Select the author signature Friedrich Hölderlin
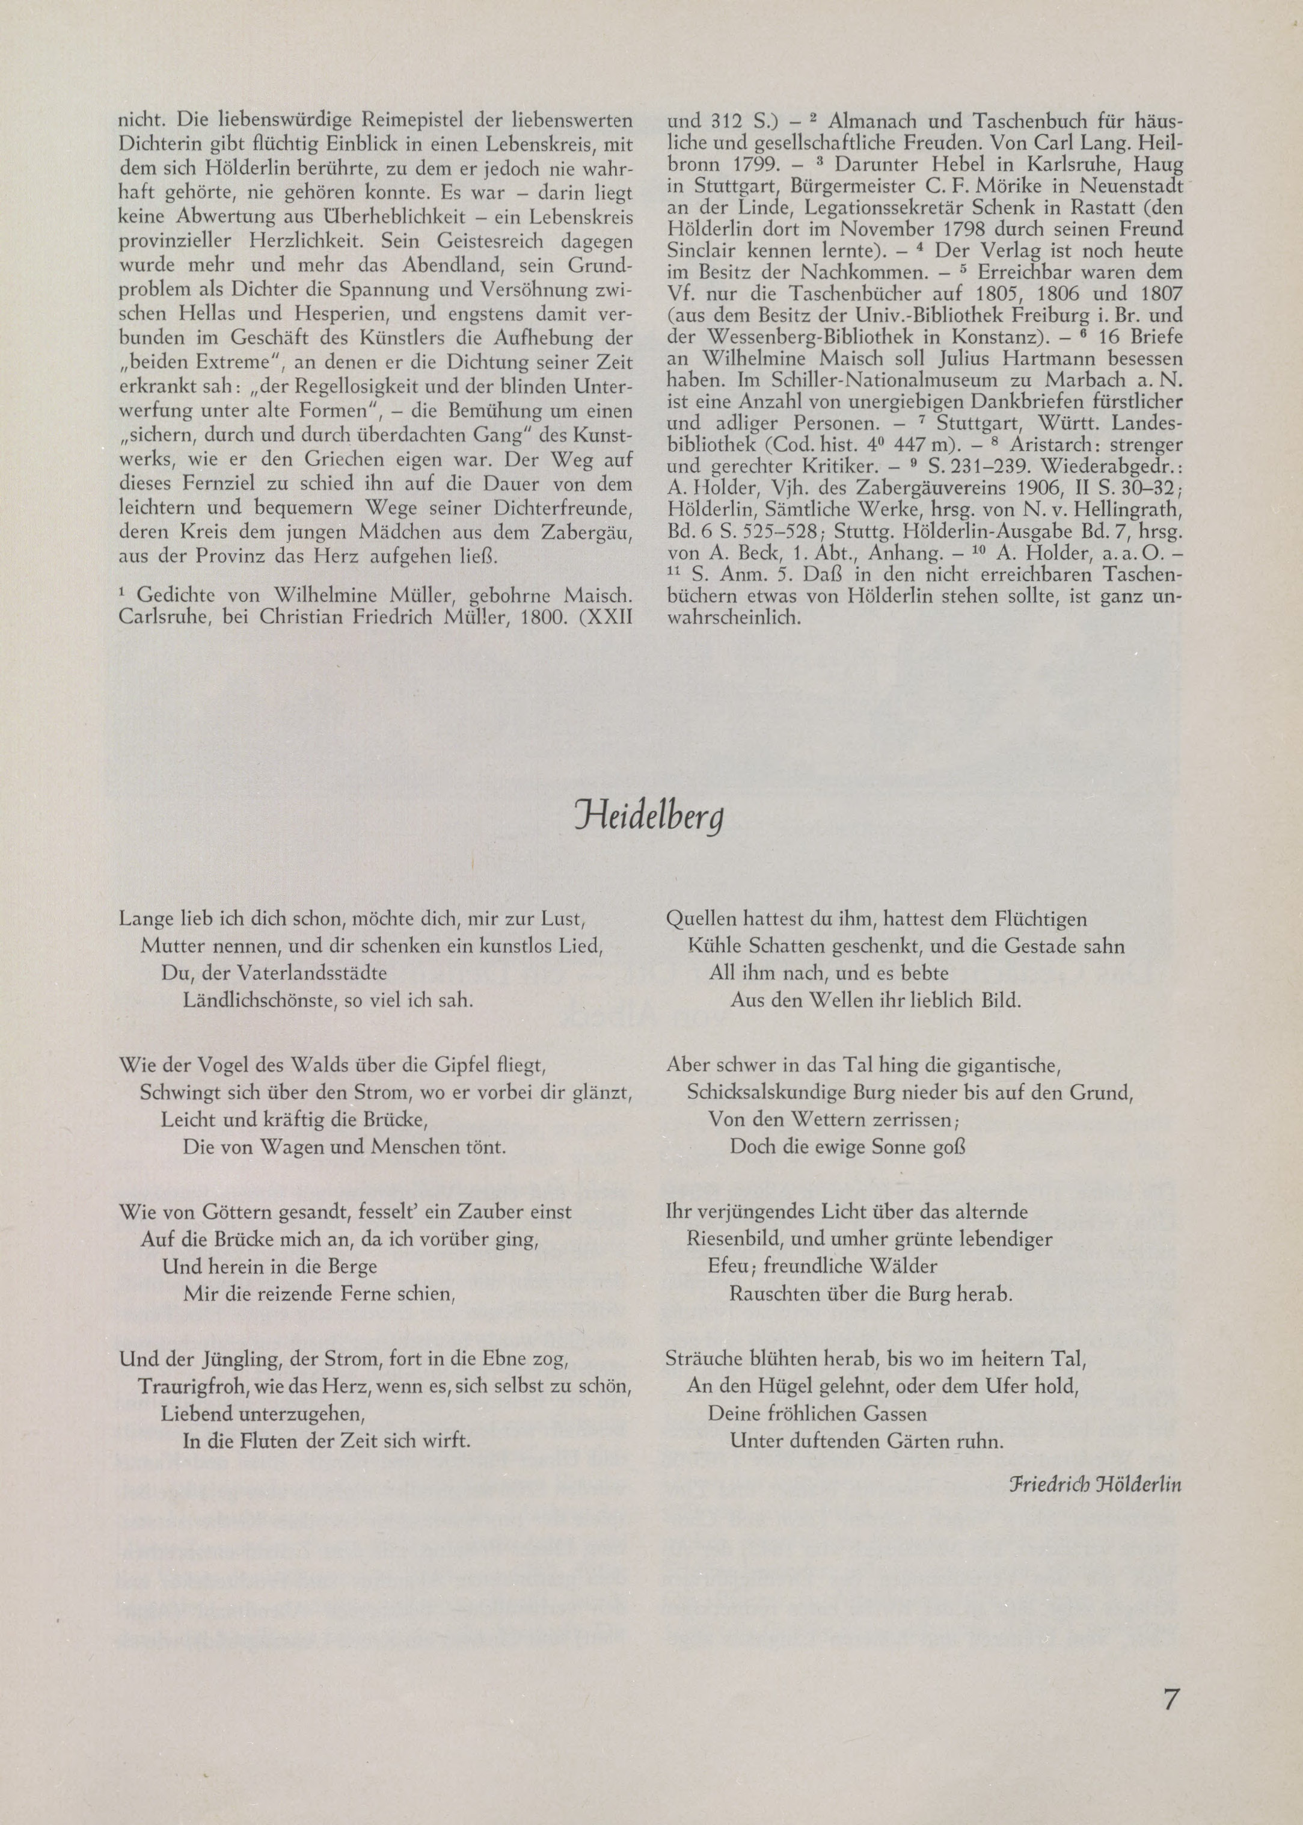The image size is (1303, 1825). coord(1095,1484)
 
